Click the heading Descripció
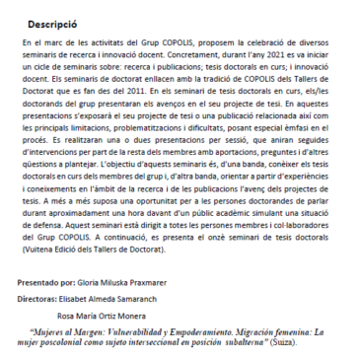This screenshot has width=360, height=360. [x=54, y=22]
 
